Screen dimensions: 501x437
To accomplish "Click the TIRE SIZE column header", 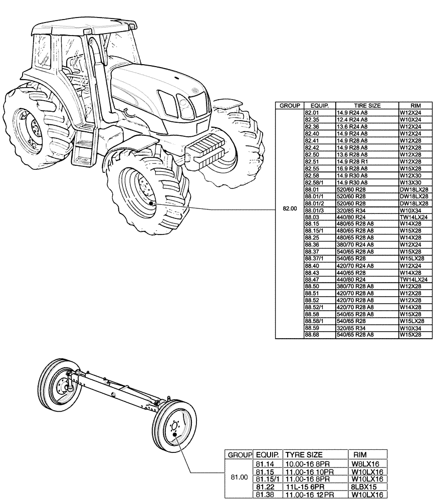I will click(x=367, y=106).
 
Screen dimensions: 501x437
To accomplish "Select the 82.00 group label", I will click(x=289, y=208).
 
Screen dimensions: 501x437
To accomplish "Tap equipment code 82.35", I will click(x=311, y=120).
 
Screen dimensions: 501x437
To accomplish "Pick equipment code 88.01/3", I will click(x=314, y=210).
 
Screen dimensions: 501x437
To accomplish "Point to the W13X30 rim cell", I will click(x=409, y=182).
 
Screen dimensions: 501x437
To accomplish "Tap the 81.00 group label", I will click(x=239, y=477).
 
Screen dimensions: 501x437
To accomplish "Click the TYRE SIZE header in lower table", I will click(x=304, y=454).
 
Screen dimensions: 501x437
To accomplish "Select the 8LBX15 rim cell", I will click(x=365, y=486).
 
